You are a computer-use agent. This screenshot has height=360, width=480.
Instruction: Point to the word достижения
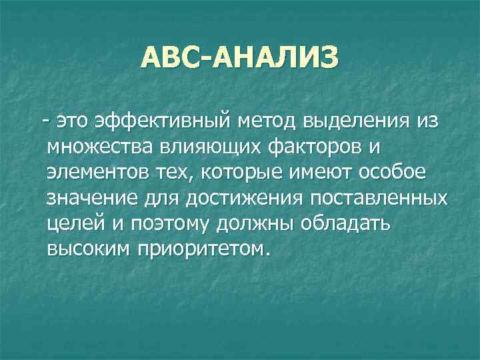234,198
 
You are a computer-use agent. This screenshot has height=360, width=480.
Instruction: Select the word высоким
88,249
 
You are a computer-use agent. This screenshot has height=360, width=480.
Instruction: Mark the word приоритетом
203,249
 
